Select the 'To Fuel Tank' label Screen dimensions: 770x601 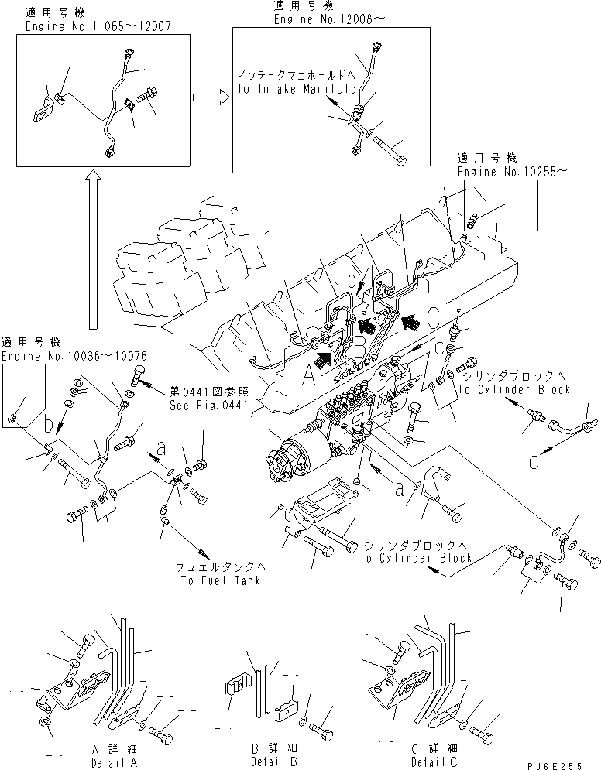[x=208, y=580]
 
